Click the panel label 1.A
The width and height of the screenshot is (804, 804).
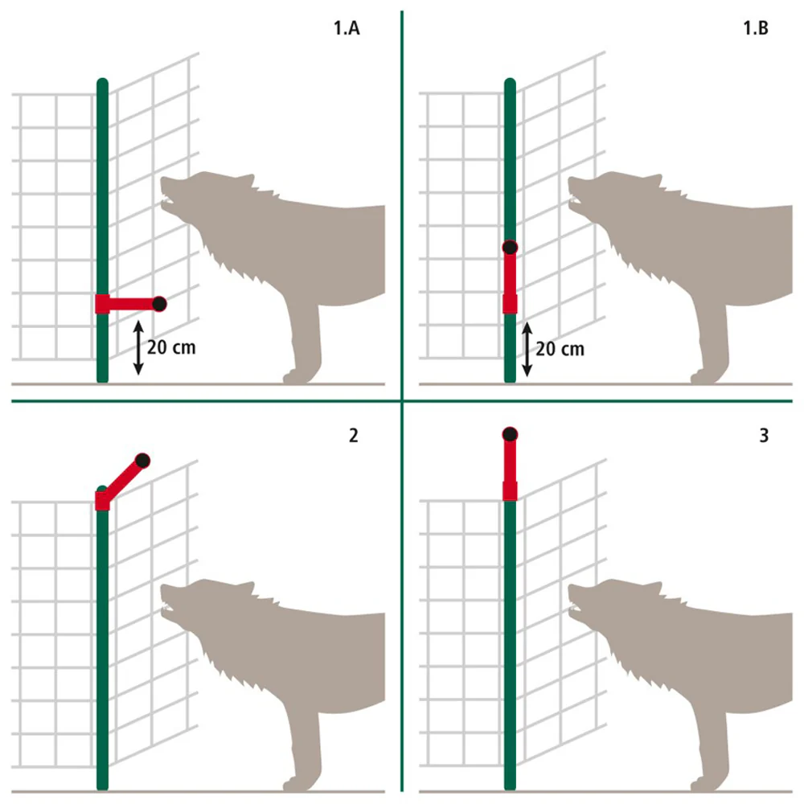click(x=347, y=27)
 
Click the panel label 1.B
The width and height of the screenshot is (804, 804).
click(x=756, y=27)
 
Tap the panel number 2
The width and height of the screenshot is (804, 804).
click(x=353, y=435)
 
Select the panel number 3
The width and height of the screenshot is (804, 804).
click(x=764, y=435)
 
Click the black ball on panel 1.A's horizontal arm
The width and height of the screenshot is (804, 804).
click(x=159, y=304)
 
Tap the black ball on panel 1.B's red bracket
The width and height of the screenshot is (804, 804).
click(x=510, y=248)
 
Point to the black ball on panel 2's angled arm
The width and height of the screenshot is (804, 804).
click(x=142, y=461)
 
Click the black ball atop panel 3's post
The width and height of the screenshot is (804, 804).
click(x=510, y=435)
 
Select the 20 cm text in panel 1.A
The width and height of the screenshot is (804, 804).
click(x=171, y=347)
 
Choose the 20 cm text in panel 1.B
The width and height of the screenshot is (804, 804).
click(x=560, y=349)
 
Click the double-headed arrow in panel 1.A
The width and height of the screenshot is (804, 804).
click(x=138, y=347)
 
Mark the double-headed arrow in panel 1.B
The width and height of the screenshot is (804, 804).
click(x=527, y=349)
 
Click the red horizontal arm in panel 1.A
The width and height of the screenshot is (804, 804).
click(x=131, y=304)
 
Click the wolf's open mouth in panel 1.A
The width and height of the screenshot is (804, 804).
click(x=166, y=201)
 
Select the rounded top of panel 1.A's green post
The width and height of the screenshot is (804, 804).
click(x=103, y=83)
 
